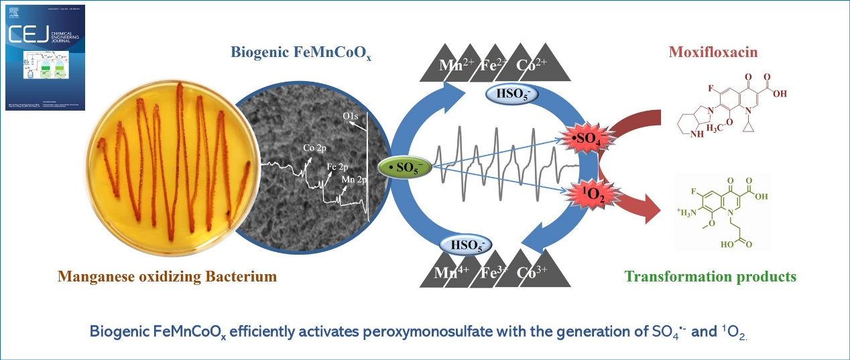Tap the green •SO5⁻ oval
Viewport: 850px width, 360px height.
point(406,166)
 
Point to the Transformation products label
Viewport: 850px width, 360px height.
point(710,276)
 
